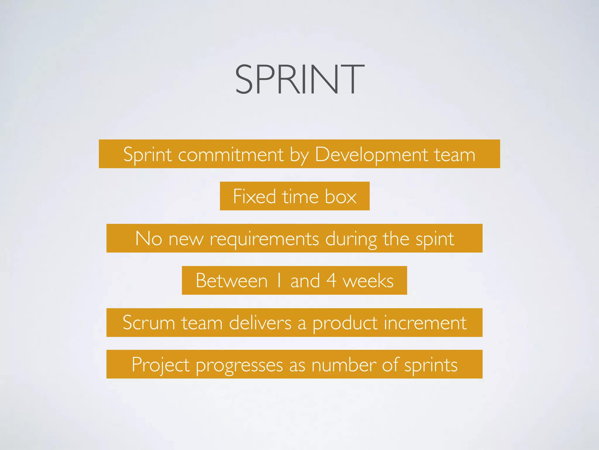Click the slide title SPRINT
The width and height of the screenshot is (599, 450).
click(x=299, y=80)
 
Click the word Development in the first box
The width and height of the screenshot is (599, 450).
click(x=371, y=154)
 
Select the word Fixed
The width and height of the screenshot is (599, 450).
click(x=254, y=196)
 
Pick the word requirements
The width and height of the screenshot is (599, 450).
click(x=264, y=239)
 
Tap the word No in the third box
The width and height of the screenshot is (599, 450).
click(x=149, y=238)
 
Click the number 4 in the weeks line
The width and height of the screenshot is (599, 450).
click(x=331, y=280)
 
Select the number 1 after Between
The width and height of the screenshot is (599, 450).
click(x=279, y=280)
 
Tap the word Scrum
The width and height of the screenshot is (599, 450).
click(x=149, y=323)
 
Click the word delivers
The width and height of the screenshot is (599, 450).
click(x=260, y=323)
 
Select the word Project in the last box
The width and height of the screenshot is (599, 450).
click(x=161, y=365)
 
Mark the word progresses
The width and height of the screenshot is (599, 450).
click(x=239, y=365)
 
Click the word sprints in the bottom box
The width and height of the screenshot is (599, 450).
click(x=431, y=365)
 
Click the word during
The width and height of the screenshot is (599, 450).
click(x=351, y=239)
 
